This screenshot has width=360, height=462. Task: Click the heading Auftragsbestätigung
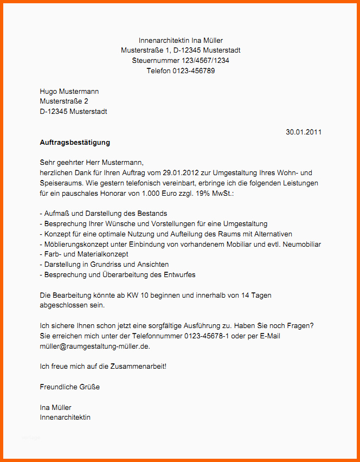[75, 143]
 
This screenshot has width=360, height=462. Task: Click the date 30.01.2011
[304, 132]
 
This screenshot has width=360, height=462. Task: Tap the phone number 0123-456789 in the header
[194, 71]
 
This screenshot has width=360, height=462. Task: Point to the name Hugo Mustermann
[69, 92]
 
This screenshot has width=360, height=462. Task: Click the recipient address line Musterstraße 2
[64, 101]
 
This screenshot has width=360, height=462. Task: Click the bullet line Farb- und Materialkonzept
[84, 254]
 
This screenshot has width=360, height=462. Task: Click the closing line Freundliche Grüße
[70, 387]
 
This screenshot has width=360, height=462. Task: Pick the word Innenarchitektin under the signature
[65, 418]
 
